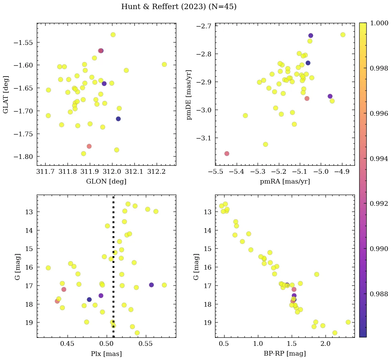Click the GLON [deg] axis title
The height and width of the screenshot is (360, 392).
[106, 182]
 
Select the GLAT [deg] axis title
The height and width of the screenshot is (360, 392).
[6, 94]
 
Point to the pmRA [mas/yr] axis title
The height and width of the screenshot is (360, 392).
[285, 182]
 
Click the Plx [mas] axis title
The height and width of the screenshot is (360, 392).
[106, 354]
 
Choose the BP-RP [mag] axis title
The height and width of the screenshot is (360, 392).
[285, 354]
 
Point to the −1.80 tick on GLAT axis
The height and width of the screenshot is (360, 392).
[23, 157]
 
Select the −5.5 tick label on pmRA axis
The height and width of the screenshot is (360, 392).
[215, 172]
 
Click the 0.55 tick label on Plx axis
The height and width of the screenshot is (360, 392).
[146, 344]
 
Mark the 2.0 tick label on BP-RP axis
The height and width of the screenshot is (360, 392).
[325, 344]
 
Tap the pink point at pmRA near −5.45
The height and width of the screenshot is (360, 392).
[227, 154]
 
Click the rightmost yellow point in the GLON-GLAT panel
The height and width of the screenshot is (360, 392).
[164, 64]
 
